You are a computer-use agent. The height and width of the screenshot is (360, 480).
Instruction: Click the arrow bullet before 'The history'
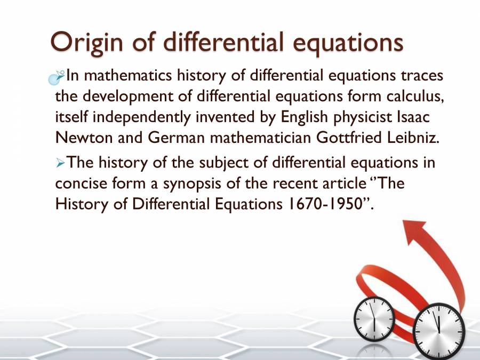coord(60,163)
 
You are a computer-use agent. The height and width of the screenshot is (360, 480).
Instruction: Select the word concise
coord(80,183)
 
